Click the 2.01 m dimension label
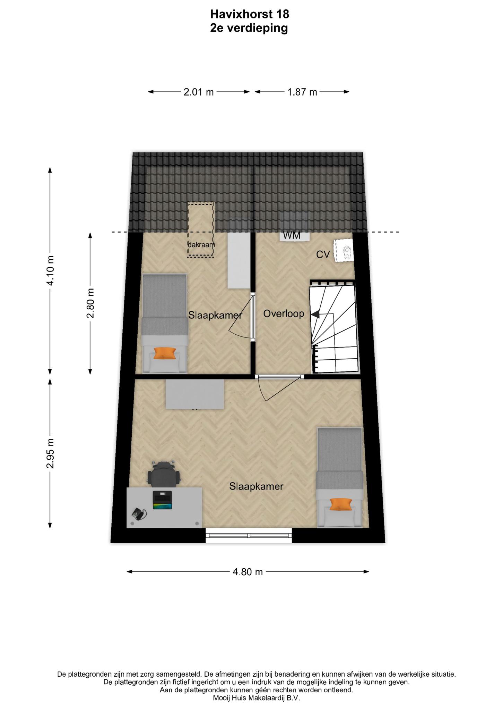tap(199, 92)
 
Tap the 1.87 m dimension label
tap(302, 92)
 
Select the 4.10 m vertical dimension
tap(50, 270)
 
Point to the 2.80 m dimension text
tap(90, 303)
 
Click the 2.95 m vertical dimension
tap(50, 453)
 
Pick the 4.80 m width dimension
tap(248, 572)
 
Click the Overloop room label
tap(284, 314)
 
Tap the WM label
tap(292, 235)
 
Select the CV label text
tap(323, 255)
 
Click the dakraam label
tap(201, 244)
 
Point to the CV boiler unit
tap(343, 250)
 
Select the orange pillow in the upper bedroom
tap(165, 353)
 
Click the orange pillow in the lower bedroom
tap(340, 504)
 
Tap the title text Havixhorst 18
tap(250, 14)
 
